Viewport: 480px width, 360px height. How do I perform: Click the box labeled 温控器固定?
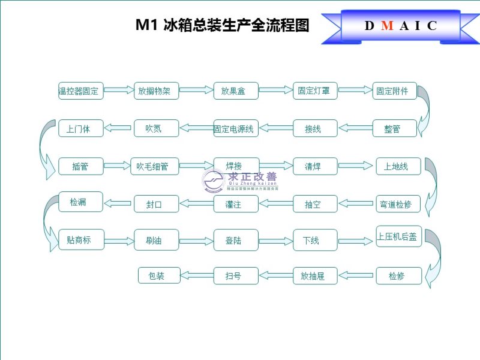[81, 91]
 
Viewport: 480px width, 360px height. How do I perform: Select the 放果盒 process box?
[236, 91]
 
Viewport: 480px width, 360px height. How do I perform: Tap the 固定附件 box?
[394, 91]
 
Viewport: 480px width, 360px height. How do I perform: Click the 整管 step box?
[394, 128]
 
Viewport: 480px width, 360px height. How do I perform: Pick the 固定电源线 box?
[236, 128]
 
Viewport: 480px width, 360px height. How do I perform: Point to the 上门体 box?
[81, 128]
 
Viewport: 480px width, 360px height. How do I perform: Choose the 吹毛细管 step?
[156, 166]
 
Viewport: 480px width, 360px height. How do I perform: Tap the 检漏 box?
[81, 202]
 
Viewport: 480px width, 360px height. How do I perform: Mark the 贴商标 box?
[81, 240]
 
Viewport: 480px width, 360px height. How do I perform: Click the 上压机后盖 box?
[398, 236]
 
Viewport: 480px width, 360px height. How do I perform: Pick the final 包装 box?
[159, 276]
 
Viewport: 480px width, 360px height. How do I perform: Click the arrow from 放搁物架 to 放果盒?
[196, 91]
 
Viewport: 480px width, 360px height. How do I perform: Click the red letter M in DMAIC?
[388, 26]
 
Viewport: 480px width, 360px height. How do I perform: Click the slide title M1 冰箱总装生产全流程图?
[222, 26]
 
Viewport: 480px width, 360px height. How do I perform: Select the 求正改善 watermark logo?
[239, 179]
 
